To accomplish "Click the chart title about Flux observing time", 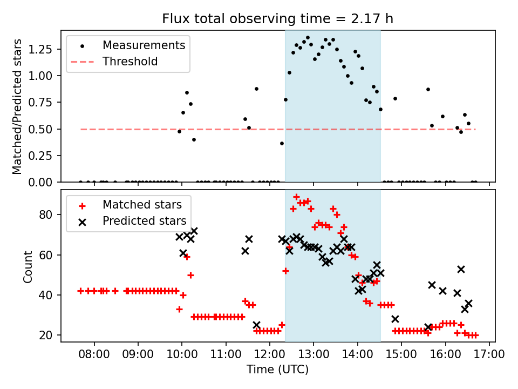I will click(x=277, y=19).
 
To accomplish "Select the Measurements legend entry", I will click(x=144, y=45).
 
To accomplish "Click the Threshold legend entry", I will click(x=130, y=62).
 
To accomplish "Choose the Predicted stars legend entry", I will click(x=144, y=221).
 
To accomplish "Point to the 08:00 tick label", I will click(x=94, y=354).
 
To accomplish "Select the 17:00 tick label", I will click(x=489, y=354).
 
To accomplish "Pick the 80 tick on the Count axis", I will click(x=49, y=214).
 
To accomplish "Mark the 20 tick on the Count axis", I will click(x=49, y=335).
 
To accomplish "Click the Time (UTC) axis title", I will click(x=277, y=370).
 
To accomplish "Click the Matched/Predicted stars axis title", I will click(x=17, y=106).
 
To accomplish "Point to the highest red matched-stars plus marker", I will click(x=296, y=197).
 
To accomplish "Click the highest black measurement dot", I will click(x=308, y=38).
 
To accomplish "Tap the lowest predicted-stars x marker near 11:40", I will click(x=256, y=325).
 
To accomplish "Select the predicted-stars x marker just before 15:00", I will click(x=395, y=319).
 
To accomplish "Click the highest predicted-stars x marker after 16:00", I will click(x=461, y=269).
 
